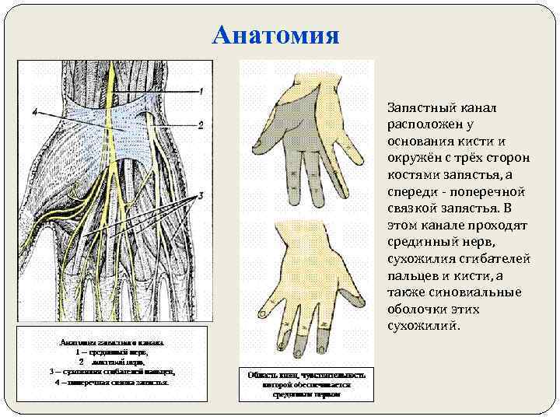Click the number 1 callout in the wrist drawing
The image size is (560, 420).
(200, 92)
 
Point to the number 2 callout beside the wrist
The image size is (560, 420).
(200, 124)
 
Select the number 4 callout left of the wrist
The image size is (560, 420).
(35, 114)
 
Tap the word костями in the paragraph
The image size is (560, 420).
(412, 174)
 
